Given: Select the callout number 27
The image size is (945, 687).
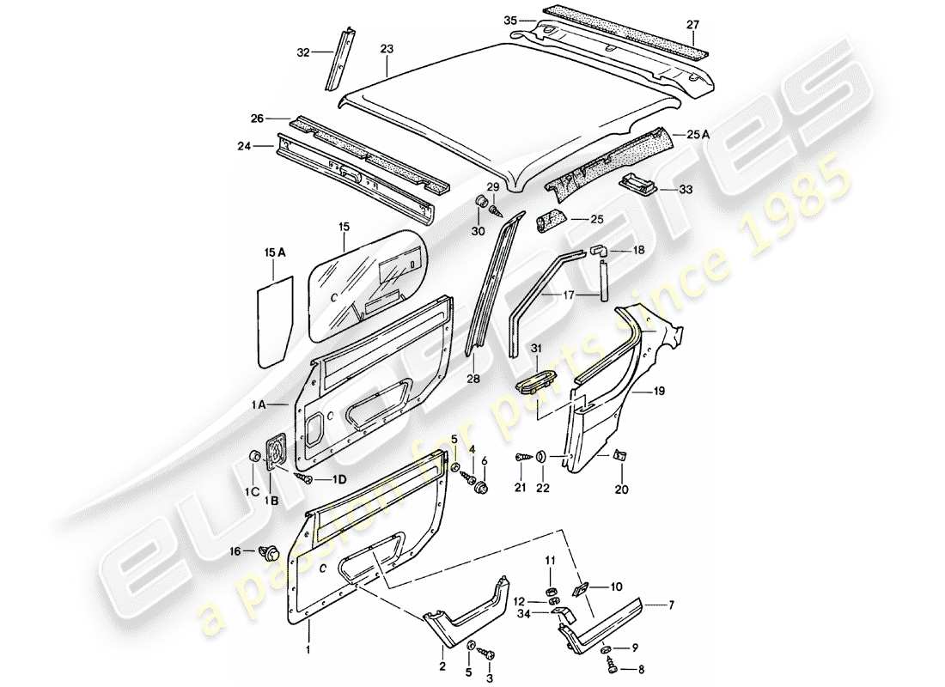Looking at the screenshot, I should click(x=692, y=25).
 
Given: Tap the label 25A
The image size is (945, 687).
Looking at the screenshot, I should click(x=698, y=134).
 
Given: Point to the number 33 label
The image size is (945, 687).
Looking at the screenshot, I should click(x=685, y=188).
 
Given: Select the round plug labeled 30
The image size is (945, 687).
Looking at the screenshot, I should click(x=482, y=204).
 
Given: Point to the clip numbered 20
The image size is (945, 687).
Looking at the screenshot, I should click(x=619, y=457).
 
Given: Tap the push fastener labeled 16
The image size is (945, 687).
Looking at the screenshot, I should click(x=268, y=551).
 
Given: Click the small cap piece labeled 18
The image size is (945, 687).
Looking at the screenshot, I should click(x=598, y=250).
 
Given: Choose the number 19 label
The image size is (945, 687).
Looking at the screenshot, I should click(x=659, y=391).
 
